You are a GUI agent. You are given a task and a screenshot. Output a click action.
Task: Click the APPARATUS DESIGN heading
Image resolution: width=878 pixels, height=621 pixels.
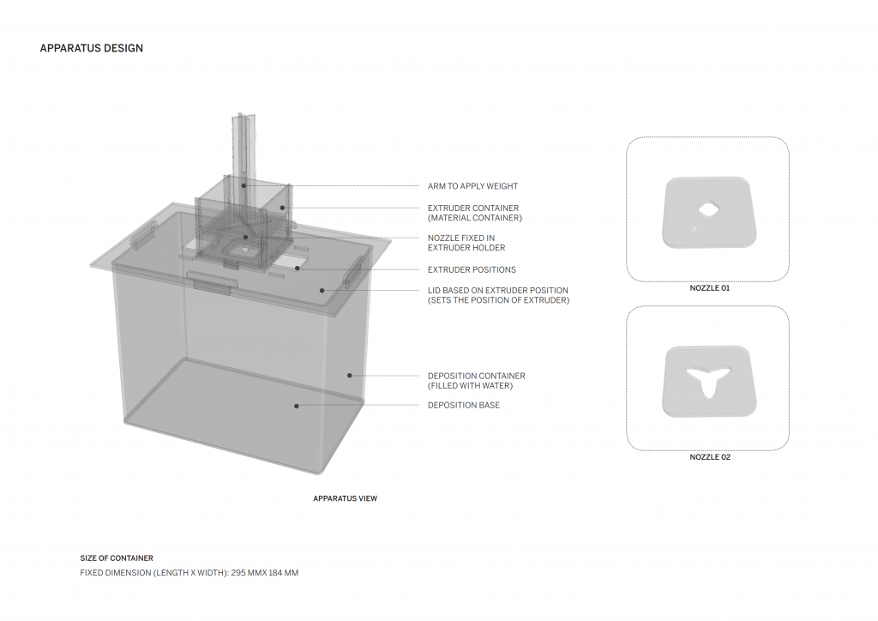point(91,48)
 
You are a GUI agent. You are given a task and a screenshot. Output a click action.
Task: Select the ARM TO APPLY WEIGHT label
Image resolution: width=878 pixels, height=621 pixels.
point(472,186)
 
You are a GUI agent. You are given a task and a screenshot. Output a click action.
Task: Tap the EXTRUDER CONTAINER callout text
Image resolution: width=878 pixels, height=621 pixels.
point(473,208)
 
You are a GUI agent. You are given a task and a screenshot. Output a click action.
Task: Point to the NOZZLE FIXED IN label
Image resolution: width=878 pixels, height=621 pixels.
point(461,238)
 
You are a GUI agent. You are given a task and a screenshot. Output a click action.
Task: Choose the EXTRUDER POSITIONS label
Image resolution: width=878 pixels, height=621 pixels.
point(472,269)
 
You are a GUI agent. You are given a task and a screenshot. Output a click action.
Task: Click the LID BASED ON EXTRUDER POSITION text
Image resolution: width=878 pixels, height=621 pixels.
point(498,290)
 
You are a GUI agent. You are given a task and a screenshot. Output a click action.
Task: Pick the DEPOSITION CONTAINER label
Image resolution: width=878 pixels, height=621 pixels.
point(477,376)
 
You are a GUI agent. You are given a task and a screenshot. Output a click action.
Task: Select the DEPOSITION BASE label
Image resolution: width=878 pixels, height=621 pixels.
point(464,405)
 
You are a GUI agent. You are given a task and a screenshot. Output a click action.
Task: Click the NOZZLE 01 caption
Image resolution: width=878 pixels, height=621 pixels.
point(709,288)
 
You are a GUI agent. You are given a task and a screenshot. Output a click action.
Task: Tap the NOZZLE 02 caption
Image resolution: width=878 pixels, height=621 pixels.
point(710,457)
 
